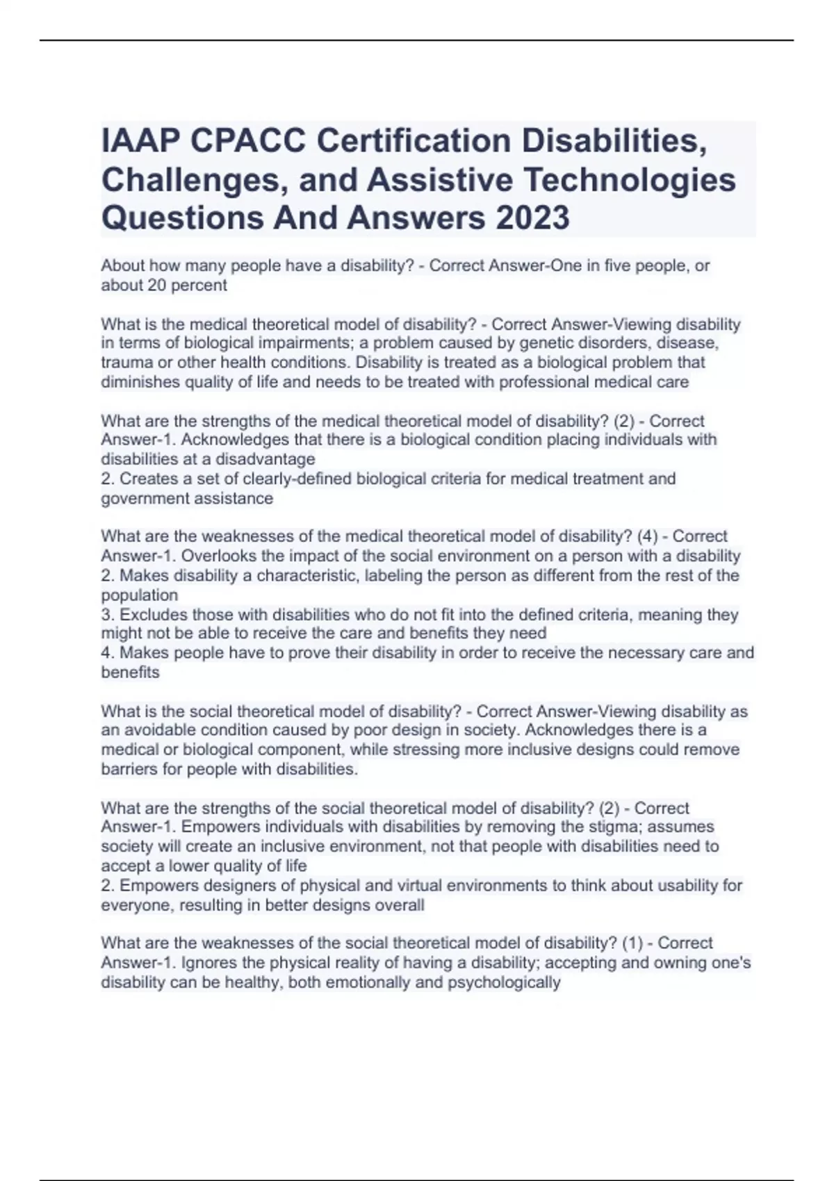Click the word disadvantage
pos(265,459)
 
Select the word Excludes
pos(154,615)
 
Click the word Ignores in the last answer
pos(183,963)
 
